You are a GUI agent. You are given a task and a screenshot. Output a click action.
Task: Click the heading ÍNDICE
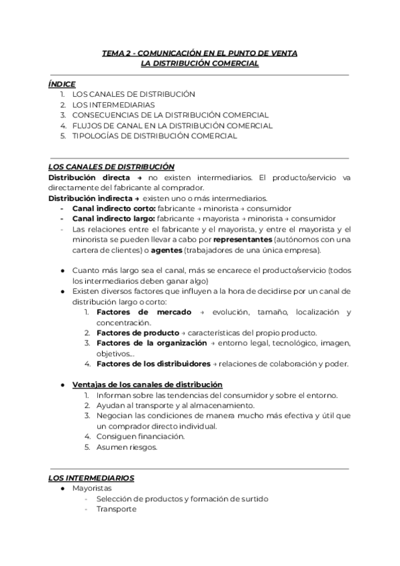(x=61, y=84)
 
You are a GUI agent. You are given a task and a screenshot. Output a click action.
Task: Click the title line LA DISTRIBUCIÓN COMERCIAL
(x=200, y=63)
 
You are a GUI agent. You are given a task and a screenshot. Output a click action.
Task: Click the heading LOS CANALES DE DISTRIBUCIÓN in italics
(x=111, y=167)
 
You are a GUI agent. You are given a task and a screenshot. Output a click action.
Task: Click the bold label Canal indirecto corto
(x=113, y=208)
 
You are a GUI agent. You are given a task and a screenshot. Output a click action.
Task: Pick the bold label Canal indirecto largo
(x=113, y=219)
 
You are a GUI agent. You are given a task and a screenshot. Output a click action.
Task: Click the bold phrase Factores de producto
(x=137, y=333)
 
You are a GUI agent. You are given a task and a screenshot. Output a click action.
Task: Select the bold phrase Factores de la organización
(x=151, y=343)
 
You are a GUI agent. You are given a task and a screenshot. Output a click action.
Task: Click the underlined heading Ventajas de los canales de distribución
(x=147, y=384)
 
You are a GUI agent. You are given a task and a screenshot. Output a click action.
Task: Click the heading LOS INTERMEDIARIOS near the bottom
(x=91, y=478)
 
